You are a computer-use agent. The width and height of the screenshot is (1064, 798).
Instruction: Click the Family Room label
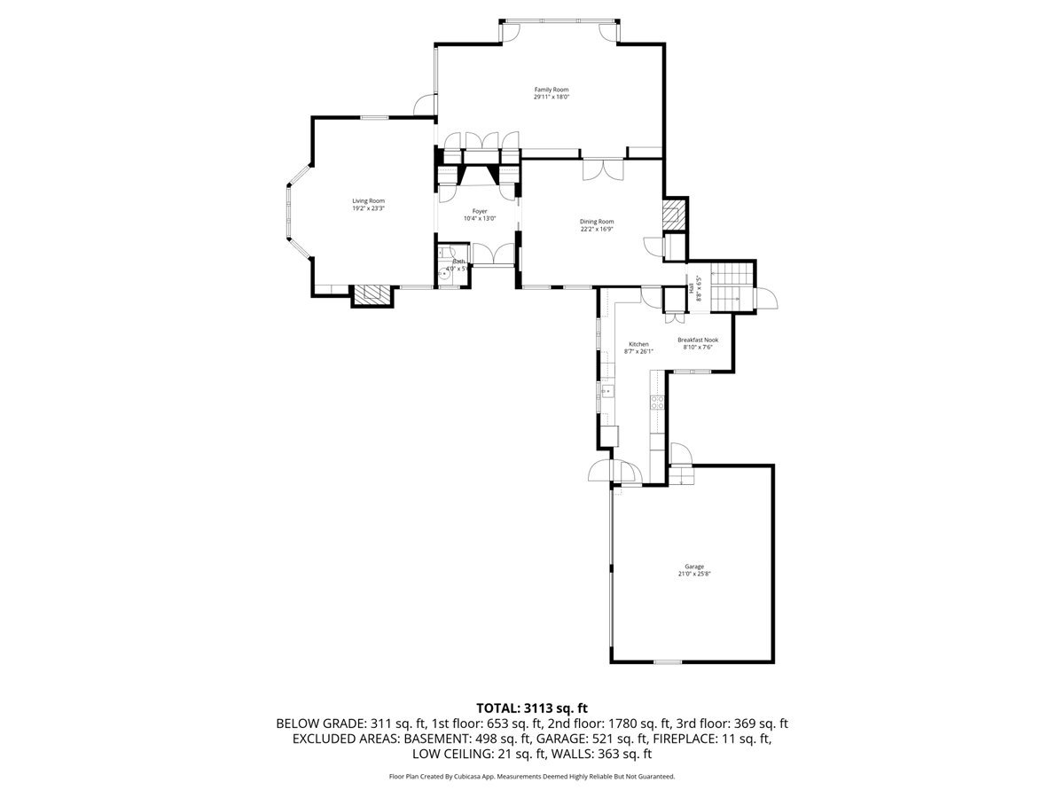click(551, 90)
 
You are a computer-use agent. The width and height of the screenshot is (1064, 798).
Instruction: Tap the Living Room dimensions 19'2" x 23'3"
click(368, 208)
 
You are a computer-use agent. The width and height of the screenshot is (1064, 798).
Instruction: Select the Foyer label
click(480, 211)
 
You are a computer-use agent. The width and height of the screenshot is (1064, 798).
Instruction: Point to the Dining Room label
click(597, 222)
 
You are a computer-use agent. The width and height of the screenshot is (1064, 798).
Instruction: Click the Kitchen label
click(638, 344)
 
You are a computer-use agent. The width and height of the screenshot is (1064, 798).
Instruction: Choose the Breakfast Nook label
click(698, 340)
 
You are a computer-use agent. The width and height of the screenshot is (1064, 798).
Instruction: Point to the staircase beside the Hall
click(732, 285)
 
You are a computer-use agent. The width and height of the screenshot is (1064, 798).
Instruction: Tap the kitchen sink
click(607, 390)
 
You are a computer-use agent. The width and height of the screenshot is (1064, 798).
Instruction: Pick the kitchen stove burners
click(658, 402)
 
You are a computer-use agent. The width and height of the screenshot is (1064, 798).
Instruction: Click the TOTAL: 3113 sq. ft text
click(532, 708)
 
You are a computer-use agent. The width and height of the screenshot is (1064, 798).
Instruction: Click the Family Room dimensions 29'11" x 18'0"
click(551, 98)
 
